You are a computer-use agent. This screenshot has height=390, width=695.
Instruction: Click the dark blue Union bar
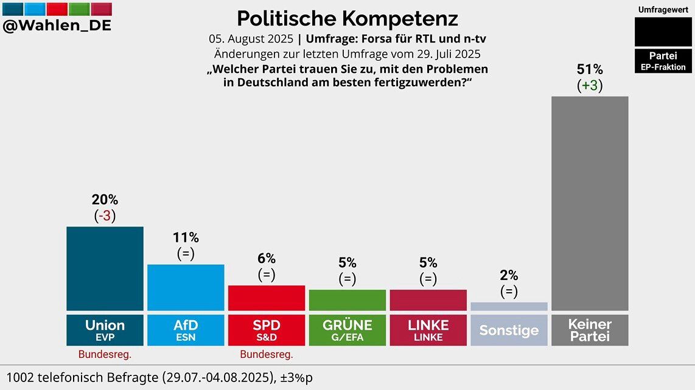pos(105,269)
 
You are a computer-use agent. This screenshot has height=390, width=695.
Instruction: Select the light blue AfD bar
pos(186,287)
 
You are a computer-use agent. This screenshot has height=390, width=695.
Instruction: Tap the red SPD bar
pos(267,298)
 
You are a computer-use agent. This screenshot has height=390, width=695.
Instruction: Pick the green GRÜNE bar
pos(347,300)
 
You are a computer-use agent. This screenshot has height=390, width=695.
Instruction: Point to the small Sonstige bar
pos(509,306)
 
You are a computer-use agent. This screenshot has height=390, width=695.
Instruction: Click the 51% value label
pos(590,69)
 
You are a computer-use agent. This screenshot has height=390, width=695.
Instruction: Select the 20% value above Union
pos(105,199)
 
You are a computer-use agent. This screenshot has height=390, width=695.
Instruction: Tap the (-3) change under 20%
pos(105,216)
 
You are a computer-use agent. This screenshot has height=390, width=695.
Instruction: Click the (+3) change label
pos(590,86)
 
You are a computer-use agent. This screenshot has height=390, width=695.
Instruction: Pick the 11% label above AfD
pos(186,238)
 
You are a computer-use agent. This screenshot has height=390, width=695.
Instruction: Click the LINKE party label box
pos(428,330)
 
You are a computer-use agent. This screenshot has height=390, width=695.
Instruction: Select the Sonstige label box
pos(509,330)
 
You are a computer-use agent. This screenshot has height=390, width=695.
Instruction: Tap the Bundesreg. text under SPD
pos(267,354)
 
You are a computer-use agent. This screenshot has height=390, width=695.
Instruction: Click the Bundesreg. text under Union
pos(105,354)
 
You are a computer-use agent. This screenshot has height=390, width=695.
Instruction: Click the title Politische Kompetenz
pos(347,18)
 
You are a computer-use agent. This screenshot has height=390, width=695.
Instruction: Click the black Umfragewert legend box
pos(663,32)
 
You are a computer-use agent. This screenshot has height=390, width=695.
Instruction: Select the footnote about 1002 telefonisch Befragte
pos(159,377)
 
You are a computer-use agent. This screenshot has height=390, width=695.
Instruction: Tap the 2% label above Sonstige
pos(509,275)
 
